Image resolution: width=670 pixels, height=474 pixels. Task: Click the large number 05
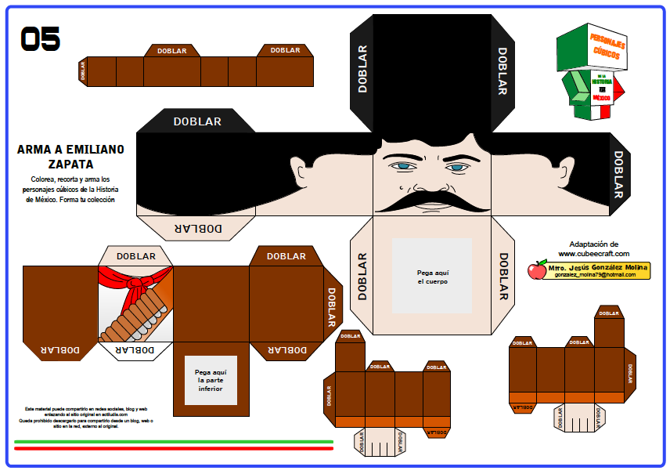(40, 38)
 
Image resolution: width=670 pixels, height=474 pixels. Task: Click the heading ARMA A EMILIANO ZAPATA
(70, 157)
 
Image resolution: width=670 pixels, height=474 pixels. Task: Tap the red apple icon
(537, 270)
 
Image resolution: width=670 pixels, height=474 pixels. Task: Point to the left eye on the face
(402, 166)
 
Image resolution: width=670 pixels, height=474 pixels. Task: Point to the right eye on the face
(457, 167)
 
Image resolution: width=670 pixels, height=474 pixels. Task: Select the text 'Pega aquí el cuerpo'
(432, 277)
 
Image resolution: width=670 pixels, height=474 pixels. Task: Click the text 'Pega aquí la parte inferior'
(211, 380)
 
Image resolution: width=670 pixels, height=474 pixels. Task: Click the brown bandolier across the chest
(138, 314)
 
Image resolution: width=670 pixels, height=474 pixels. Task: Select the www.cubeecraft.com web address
(593, 254)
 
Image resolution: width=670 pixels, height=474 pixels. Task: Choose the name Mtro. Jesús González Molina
(598, 267)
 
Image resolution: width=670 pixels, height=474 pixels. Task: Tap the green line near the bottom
(173, 442)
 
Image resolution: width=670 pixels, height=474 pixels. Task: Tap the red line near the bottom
(173, 449)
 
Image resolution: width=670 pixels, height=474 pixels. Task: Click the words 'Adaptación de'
(593, 244)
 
